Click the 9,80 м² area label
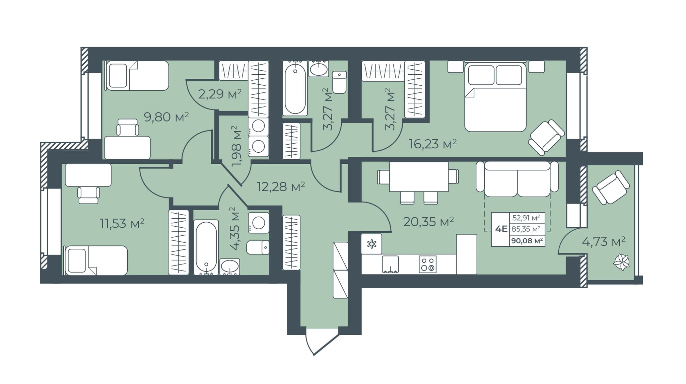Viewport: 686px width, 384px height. point(166,117)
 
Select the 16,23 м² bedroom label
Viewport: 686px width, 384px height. point(433,144)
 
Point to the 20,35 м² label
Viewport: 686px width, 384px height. point(429,221)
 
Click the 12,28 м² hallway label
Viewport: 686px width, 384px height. point(281,186)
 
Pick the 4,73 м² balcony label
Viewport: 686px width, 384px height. point(604,241)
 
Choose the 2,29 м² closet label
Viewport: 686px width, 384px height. point(220,94)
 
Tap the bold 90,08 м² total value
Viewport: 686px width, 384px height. point(527,240)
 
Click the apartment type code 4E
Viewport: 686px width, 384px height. point(501,229)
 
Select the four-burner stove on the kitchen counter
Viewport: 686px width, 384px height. point(428,264)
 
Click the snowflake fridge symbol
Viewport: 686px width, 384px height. point(371,244)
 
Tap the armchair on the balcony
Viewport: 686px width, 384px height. point(611,187)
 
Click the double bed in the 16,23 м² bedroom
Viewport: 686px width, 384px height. point(495,96)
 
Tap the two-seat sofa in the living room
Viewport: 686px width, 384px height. point(517,179)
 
